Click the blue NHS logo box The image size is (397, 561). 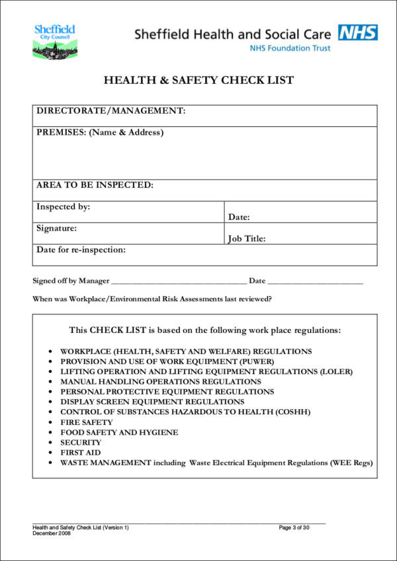click(x=358, y=32)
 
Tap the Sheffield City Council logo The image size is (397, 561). click(x=55, y=41)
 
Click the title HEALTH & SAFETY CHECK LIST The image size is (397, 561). click(x=198, y=81)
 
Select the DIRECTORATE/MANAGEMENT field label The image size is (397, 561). click(x=110, y=111)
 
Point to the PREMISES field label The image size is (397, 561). click(x=100, y=132)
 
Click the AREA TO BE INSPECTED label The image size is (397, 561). click(x=95, y=185)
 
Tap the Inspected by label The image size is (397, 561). click(x=64, y=207)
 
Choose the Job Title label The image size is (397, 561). click(x=247, y=239)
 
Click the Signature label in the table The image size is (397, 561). click(x=57, y=228)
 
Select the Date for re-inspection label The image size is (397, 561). click(x=81, y=250)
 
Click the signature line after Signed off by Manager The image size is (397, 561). click(x=179, y=282)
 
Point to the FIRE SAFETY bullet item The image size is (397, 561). click(x=87, y=422)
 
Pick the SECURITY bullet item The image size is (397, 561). click(x=81, y=442)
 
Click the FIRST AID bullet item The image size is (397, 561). click(x=81, y=453)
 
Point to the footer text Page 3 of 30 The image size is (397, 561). click(x=294, y=527)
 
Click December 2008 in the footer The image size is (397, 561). click(x=52, y=533)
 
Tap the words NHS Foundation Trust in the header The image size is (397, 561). click(x=290, y=48)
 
